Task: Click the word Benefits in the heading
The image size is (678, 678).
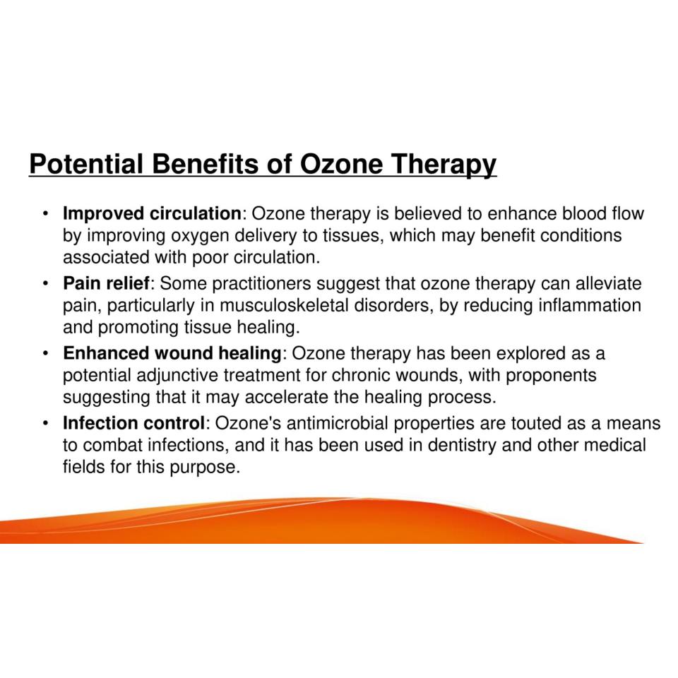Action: point(205,165)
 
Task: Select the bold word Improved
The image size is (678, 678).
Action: point(104,214)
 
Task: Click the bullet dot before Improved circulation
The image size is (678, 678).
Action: point(45,214)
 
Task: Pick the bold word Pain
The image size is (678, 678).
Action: point(82,283)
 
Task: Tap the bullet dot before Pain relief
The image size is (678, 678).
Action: point(45,284)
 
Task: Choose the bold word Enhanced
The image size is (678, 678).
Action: point(107,353)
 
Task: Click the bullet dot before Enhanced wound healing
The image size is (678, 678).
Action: point(45,353)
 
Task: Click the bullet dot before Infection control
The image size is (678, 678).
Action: point(45,423)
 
